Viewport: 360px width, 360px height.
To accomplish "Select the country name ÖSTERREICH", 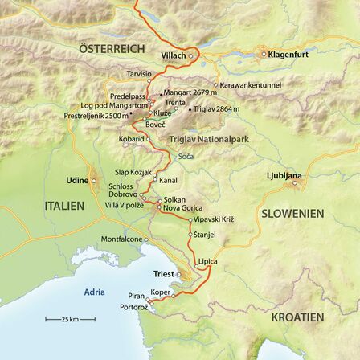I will [x=112, y=50].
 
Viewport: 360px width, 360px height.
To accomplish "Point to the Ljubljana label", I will [x=284, y=175].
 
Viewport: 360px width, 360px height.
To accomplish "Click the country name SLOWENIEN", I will [x=292, y=214].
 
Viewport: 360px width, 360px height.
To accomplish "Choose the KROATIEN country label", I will [x=297, y=317].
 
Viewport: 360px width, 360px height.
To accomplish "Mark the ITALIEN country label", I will [x=63, y=206].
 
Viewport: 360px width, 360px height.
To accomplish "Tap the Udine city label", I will [x=77, y=180].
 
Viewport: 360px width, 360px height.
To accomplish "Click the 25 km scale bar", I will [x=70, y=320].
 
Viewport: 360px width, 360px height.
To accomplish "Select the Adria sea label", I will [x=94, y=292].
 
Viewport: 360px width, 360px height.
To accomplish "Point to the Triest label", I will [x=163, y=274].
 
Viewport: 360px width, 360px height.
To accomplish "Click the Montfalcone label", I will [x=121, y=239].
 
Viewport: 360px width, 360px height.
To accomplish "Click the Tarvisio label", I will [x=139, y=73].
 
